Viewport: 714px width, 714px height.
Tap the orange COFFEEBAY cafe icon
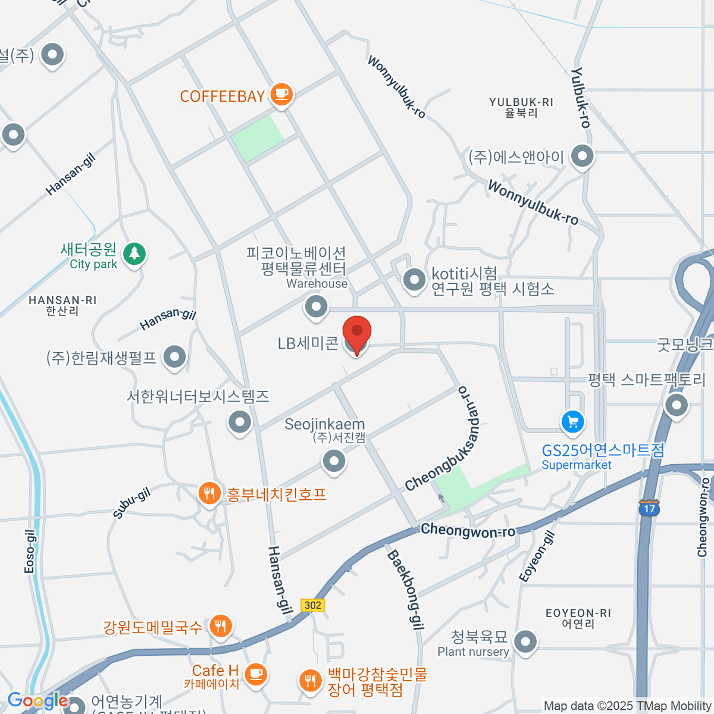[x=281, y=94]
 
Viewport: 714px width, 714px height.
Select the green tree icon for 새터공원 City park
[x=134, y=254]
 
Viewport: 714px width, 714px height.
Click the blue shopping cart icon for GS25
[x=572, y=422]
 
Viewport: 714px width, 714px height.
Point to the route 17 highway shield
[x=649, y=508]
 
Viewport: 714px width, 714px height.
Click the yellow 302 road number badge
[x=313, y=605]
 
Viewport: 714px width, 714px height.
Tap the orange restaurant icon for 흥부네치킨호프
[x=209, y=493]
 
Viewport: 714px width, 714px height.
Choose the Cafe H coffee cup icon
[x=256, y=674]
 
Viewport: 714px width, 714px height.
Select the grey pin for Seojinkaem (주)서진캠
[x=334, y=461]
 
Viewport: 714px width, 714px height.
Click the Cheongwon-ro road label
[x=468, y=530]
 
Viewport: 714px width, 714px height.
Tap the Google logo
[x=37, y=701]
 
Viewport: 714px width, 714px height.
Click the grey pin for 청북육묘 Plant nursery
[x=525, y=642]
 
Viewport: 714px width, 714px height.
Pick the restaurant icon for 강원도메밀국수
[x=221, y=626]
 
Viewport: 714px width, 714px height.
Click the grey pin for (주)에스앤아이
[x=582, y=156]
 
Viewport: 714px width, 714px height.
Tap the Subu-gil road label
[x=131, y=503]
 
